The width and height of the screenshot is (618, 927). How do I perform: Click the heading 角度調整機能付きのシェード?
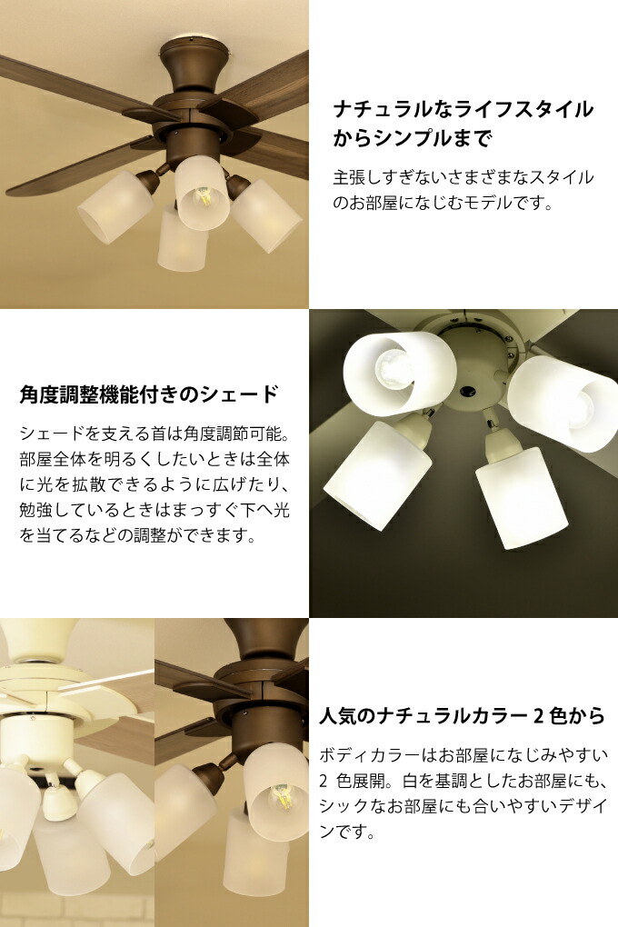[149, 394]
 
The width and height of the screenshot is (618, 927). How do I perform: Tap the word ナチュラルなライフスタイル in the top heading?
[463, 109]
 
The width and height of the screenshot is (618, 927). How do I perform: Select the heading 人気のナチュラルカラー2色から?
[462, 716]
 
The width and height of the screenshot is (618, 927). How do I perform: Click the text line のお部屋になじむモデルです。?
[443, 204]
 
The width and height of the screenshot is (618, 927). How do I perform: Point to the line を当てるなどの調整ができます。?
[138, 536]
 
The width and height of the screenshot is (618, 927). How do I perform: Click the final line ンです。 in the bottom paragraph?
[348, 832]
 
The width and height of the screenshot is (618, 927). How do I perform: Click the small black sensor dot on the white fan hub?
[468, 392]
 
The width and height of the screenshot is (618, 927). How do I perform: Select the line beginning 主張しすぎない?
[463, 177]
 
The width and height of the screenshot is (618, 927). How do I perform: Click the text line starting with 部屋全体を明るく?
[154, 459]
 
